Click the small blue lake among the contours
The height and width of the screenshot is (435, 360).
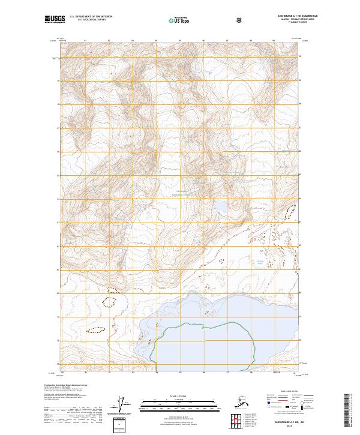(220, 206)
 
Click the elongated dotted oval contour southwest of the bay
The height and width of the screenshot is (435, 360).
(96, 329)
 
